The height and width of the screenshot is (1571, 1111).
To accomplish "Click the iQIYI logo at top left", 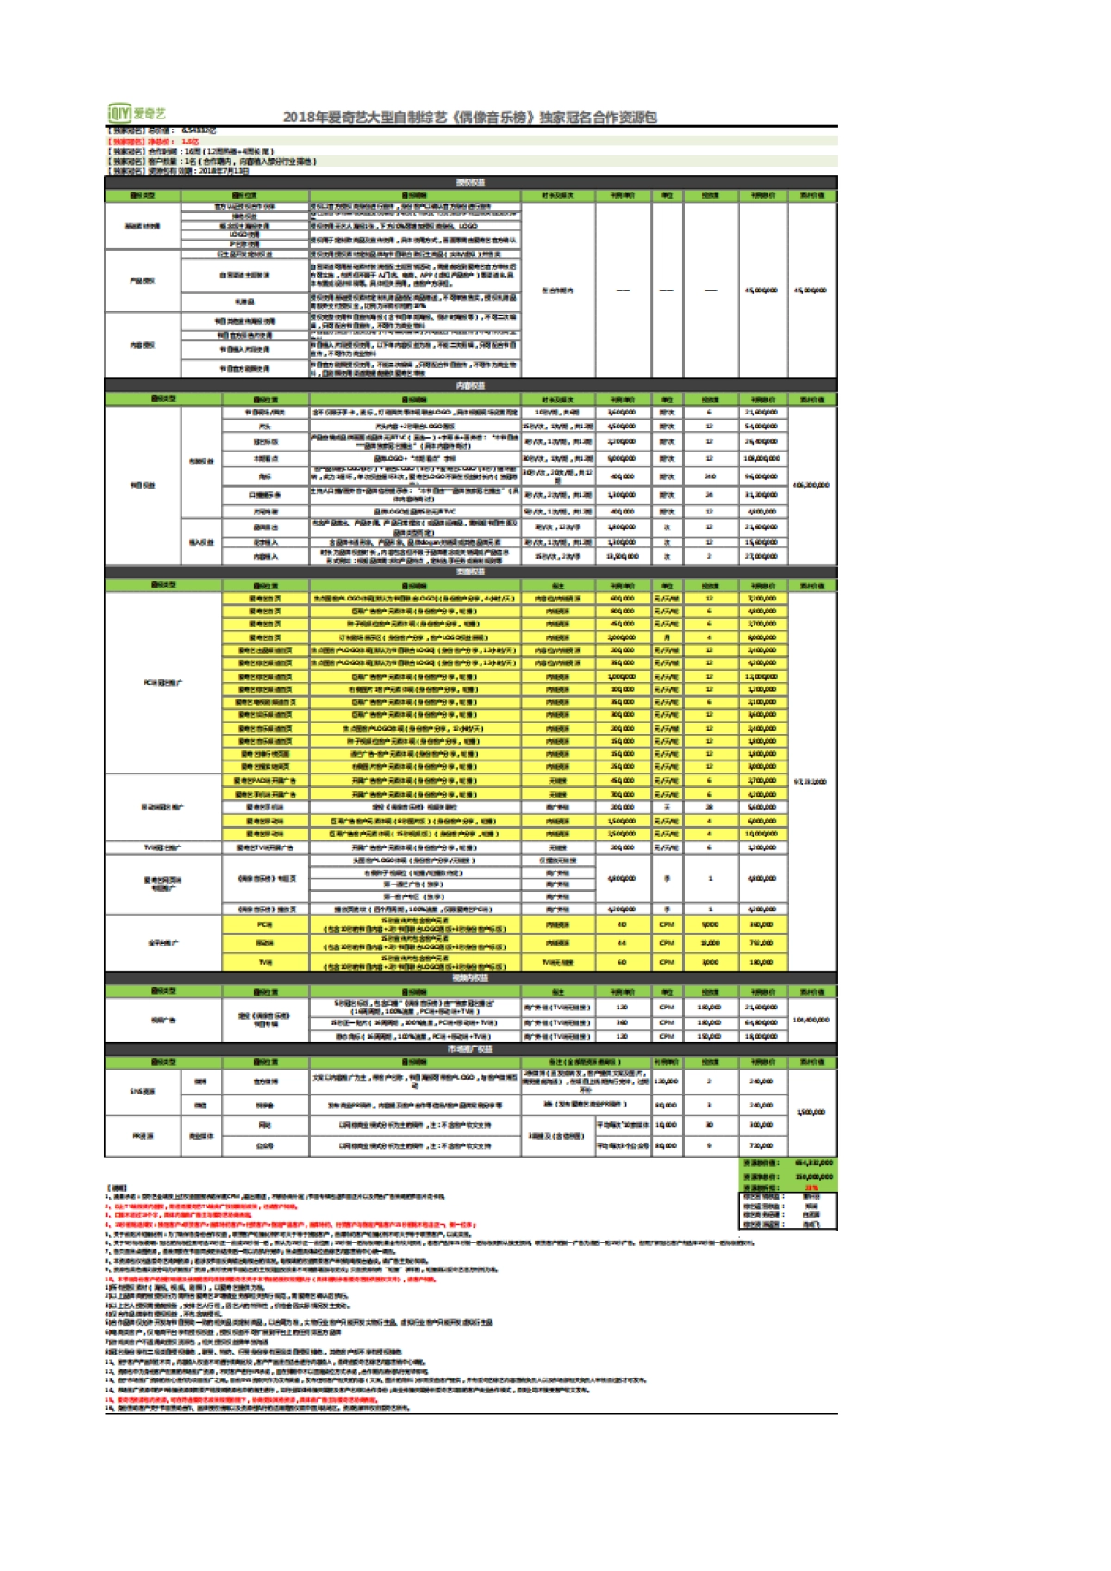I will pos(137,113).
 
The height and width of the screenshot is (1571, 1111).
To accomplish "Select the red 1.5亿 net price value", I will pos(190,142).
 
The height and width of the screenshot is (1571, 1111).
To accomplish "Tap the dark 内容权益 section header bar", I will pos(470,386).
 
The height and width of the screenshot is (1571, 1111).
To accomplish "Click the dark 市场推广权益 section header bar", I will pos(470,1049).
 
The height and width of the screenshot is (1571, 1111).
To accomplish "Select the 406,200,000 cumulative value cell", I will pos(811,485).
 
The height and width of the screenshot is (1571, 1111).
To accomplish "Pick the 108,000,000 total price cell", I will pos(762,458).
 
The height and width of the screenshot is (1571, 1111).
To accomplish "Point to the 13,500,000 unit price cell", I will pos(622,556).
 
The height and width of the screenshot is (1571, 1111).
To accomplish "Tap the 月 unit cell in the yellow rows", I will pos(667,637).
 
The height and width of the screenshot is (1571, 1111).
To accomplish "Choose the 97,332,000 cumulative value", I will pos(811,782).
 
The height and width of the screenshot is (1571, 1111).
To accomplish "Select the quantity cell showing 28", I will pos(710,807).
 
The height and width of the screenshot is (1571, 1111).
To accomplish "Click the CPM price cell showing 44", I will pos(622,943).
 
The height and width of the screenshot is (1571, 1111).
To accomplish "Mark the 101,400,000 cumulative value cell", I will pos(811,1021).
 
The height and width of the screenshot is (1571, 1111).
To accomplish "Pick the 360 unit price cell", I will pos(622,1022).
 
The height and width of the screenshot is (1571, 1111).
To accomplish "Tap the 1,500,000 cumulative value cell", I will pos(811,1112).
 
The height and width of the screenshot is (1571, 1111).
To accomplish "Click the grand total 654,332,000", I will pos(814,1163).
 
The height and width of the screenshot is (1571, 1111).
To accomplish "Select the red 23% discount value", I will pos(812,1187).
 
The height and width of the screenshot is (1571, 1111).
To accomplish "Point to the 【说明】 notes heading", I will pos(117,1188).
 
